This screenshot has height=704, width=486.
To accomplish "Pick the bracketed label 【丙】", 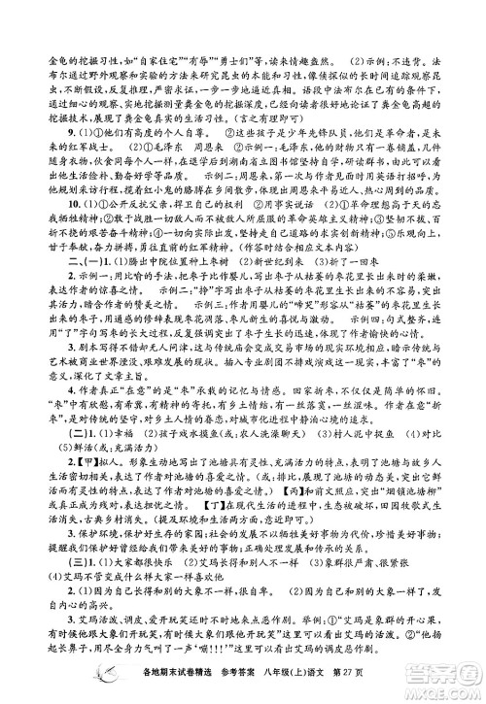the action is [317, 510].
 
